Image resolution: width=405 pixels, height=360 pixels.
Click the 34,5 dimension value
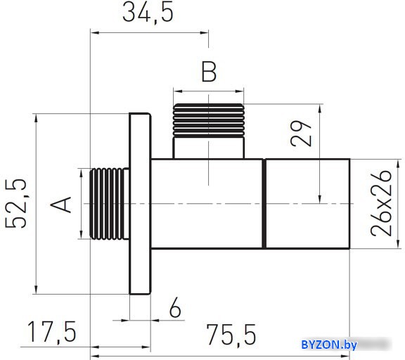tap(148, 13)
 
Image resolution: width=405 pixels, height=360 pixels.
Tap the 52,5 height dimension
tap(16, 204)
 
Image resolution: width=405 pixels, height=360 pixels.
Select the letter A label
tap(60, 205)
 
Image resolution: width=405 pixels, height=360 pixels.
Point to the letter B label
tap(209, 72)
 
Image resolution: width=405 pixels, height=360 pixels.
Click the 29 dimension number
tap(301, 134)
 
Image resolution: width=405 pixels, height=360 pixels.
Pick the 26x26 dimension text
tap(381, 203)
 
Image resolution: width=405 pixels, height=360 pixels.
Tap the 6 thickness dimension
tap(175, 307)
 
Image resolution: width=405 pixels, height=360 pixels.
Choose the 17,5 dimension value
tap(51, 332)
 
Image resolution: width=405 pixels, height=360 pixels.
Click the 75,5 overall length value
tap(231, 335)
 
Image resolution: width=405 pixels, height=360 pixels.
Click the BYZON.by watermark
tap(329, 345)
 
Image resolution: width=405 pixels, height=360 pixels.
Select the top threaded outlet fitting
tap(208, 120)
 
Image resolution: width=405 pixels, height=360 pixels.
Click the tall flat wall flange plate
tap(140, 204)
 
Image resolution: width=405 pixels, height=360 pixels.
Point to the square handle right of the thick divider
tap(308, 204)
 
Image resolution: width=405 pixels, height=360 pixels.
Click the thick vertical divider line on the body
tap(264, 204)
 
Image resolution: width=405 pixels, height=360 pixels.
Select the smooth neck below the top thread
tap(208, 148)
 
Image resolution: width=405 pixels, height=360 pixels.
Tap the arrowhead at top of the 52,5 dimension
tap(36, 119)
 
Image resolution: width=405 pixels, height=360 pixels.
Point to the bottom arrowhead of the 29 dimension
tap(320, 198)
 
